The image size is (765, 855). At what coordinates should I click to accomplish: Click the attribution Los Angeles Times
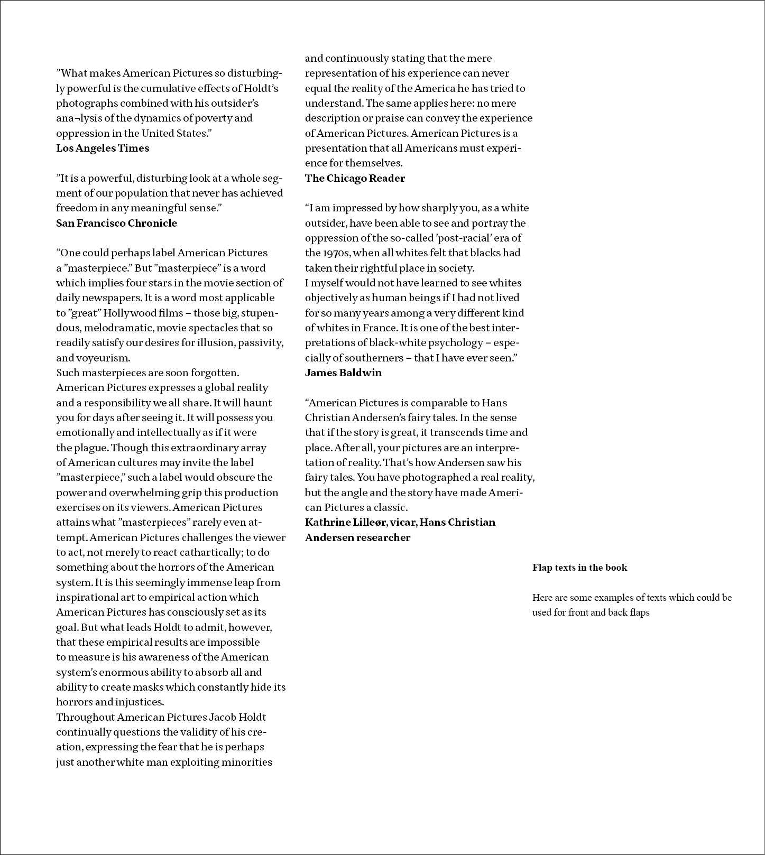pyautogui.click(x=103, y=148)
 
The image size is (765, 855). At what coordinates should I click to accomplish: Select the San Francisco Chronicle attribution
pyautogui.click(x=116, y=223)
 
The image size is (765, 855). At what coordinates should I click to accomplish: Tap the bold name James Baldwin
pyautogui.click(x=343, y=373)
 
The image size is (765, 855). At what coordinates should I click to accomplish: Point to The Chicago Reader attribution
pyautogui.click(x=355, y=179)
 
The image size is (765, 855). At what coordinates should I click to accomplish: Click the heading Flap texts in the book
pyautogui.click(x=579, y=568)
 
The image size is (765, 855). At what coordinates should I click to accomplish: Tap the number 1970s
pyautogui.click(x=331, y=253)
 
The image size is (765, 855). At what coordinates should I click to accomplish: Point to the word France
pyautogui.click(x=379, y=328)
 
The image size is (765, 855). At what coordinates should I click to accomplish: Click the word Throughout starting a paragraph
pyautogui.click(x=85, y=718)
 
